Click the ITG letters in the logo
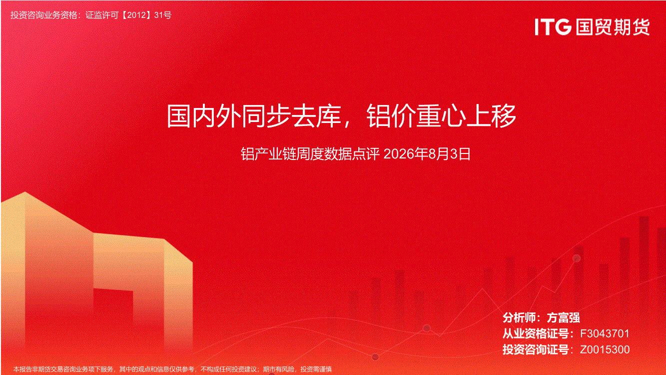553,27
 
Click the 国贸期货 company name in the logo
613,27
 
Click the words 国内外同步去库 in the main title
254,116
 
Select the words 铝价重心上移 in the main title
441,116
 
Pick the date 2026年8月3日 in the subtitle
427,154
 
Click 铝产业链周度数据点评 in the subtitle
310,154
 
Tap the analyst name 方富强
564,317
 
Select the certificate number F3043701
605,333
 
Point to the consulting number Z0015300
605,349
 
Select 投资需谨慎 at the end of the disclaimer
316,369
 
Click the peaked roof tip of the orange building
25,192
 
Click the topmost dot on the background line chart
577,258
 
